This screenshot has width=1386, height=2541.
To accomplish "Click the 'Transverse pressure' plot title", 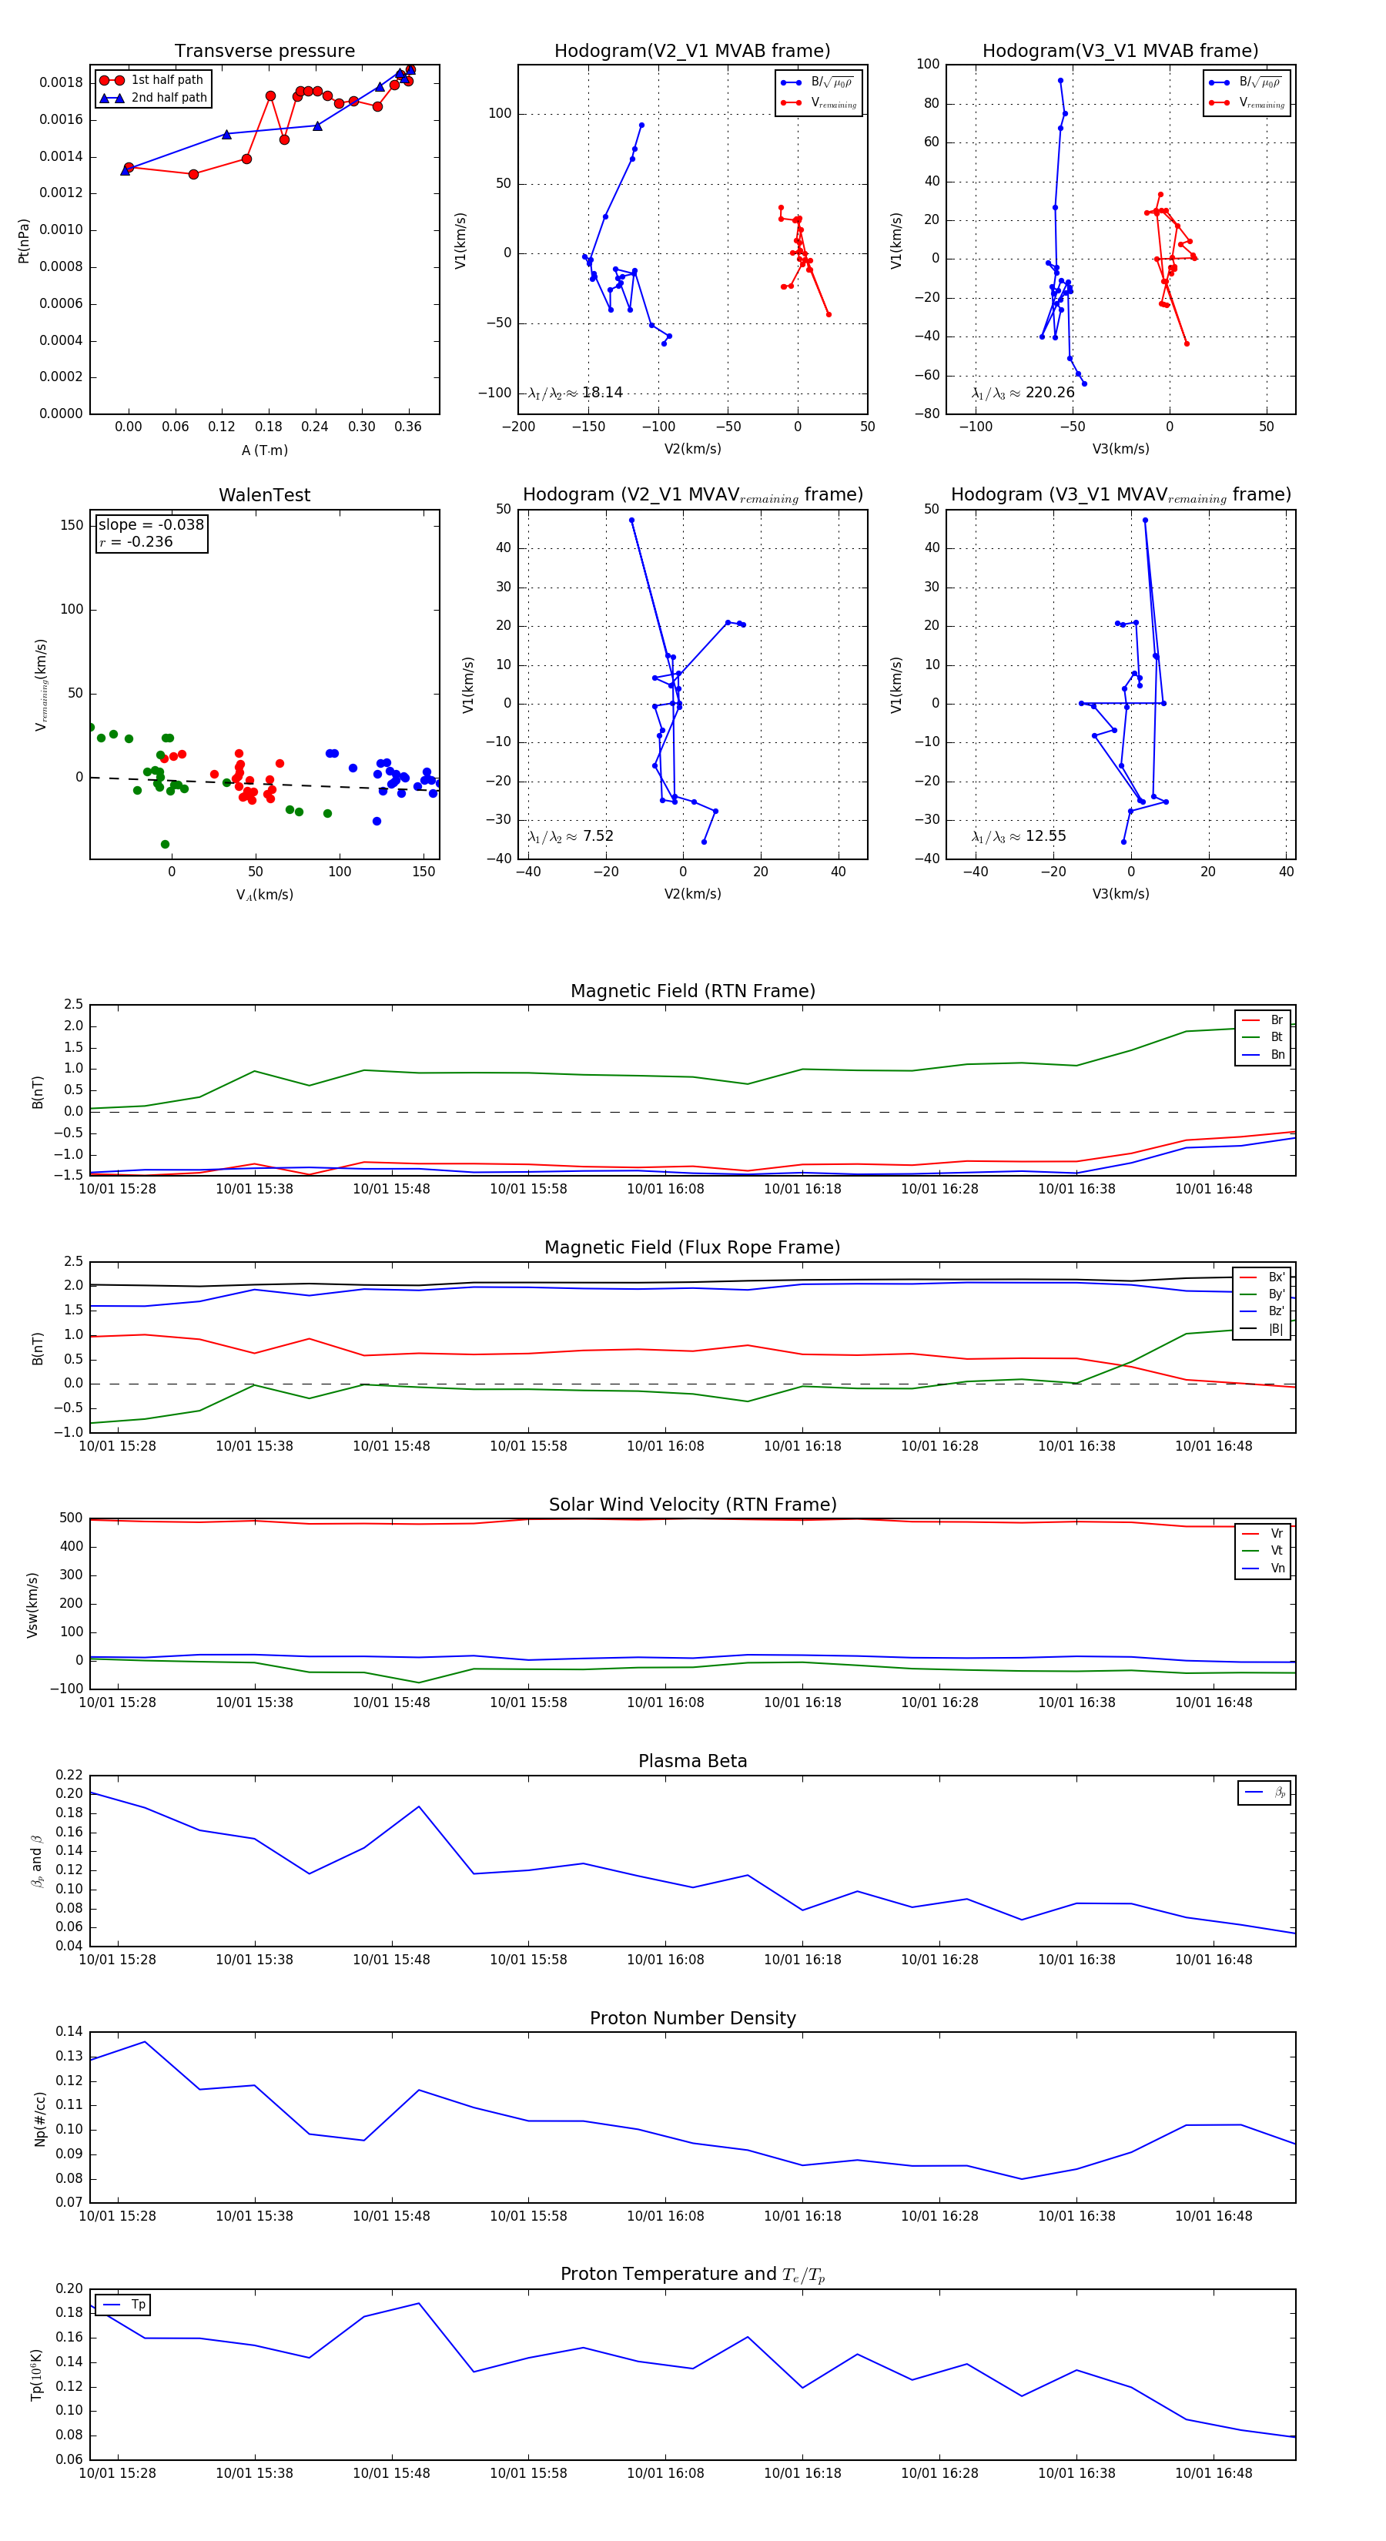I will pyautogui.click(x=264, y=52).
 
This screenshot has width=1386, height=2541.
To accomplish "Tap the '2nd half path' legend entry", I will pyautogui.click(x=169, y=98).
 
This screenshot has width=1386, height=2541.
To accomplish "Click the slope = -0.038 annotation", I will pyautogui.click(x=151, y=525).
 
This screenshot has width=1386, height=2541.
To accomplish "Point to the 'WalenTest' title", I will pyautogui.click(x=264, y=495).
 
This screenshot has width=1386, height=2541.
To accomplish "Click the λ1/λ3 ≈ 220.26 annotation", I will pyautogui.click(x=1023, y=393).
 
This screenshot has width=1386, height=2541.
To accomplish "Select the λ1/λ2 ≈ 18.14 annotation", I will pyautogui.click(x=575, y=393).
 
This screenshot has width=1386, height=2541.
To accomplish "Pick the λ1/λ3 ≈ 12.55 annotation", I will pyautogui.click(x=1019, y=836).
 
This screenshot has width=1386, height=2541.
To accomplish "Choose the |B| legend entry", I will pyautogui.click(x=1274, y=1329).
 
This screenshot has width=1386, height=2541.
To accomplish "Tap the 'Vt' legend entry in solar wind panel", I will pyautogui.click(x=1276, y=1551).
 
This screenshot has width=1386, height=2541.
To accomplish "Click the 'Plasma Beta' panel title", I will pyautogui.click(x=692, y=1761).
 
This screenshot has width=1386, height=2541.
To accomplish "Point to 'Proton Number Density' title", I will pyautogui.click(x=692, y=2018).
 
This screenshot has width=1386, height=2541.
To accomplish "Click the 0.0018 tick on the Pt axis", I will pyautogui.click(x=61, y=83).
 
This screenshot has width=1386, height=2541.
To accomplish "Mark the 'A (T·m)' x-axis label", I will pyautogui.click(x=264, y=450).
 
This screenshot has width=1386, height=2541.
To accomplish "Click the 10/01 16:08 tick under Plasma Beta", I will pyautogui.click(x=666, y=1959).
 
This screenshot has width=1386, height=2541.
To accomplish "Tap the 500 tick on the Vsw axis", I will pyautogui.click(x=71, y=1518).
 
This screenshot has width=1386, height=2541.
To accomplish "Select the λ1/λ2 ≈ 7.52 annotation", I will pyautogui.click(x=570, y=836).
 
